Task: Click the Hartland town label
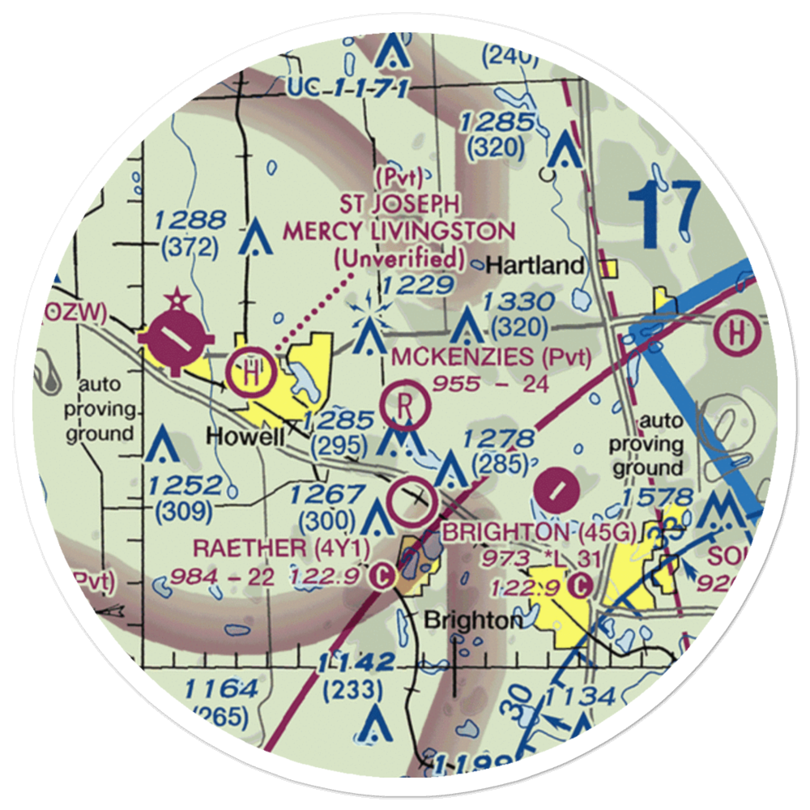click(537, 265)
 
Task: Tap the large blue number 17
click(664, 215)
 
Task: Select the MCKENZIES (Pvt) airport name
click(490, 356)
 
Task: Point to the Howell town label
click(245, 436)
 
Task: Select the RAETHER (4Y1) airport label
click(279, 548)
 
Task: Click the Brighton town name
click(473, 620)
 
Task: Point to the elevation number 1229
click(418, 284)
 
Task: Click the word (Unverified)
click(400, 260)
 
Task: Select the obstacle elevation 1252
click(185, 487)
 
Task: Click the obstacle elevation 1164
click(220, 690)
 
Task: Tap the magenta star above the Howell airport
click(178, 301)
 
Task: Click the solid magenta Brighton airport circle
click(557, 488)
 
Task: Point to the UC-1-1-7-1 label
click(347, 87)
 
